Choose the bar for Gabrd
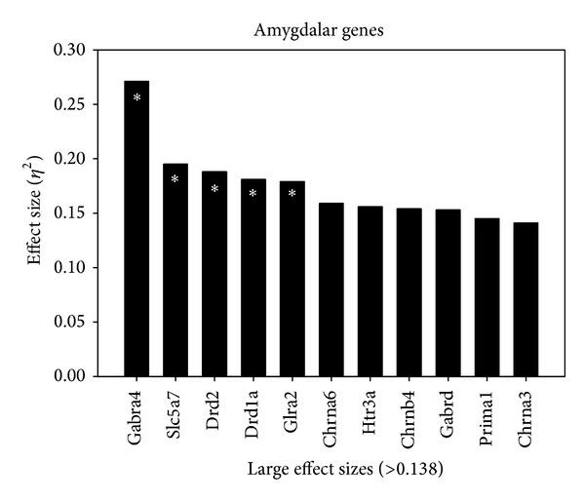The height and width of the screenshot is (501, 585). (448, 292)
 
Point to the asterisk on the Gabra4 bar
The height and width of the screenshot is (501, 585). (137, 97)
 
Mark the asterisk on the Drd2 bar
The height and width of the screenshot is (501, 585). (214, 188)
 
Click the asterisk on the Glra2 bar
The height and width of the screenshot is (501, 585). (292, 193)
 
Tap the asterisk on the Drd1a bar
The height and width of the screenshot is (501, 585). (253, 193)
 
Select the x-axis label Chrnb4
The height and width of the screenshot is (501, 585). (409, 416)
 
